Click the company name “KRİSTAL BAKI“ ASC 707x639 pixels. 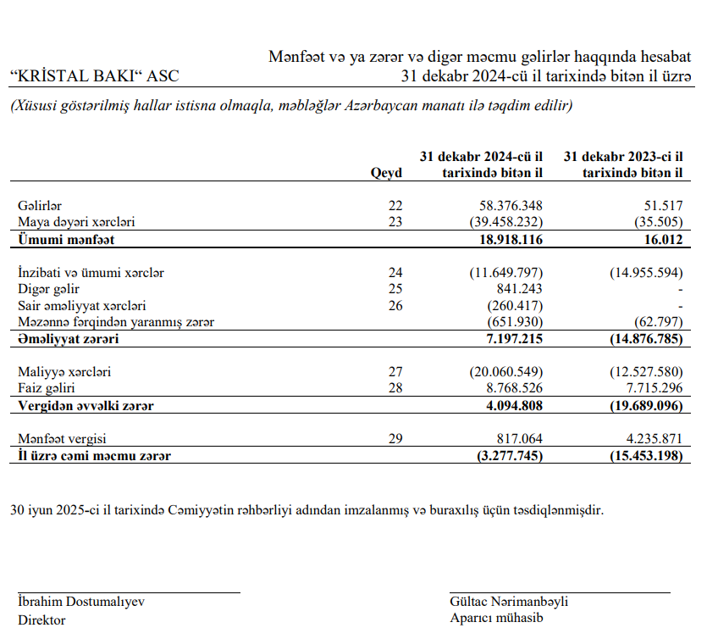click(94, 76)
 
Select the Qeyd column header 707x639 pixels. click(386, 173)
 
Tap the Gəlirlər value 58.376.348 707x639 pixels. click(505, 206)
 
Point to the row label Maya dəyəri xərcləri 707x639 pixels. click(76, 222)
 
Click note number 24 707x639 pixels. click(395, 273)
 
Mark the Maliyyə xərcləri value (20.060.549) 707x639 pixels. click(505, 372)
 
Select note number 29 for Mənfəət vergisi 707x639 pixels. click(395, 439)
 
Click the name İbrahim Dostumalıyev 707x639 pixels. click(81, 602)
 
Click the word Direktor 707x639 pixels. click(41, 620)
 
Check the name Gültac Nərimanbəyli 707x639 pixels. click(509, 602)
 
